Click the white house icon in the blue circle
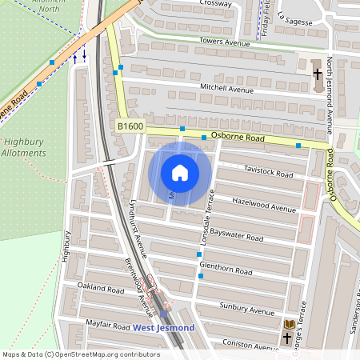tap(180, 173)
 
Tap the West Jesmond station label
tap(163, 328)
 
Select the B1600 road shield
tap(131, 126)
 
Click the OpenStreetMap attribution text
tap(82, 354)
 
